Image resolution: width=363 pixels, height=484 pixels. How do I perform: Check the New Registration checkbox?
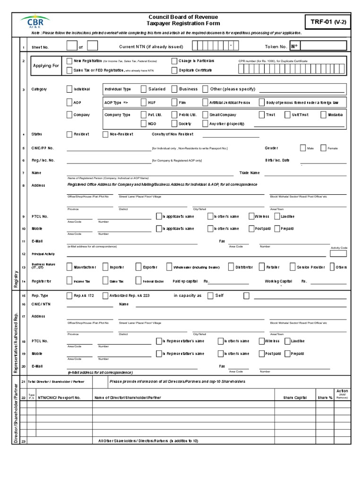(x=70, y=61)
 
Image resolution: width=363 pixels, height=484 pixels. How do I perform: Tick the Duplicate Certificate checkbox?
(x=174, y=70)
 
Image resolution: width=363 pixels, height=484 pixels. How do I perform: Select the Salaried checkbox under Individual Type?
(x=144, y=89)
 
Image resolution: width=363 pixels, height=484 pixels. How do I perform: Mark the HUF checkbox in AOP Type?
(x=144, y=102)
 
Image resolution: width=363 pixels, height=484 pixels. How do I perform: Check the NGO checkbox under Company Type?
(x=144, y=123)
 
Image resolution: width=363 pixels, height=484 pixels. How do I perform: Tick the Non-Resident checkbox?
(x=105, y=134)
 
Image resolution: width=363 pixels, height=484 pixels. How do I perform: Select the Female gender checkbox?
(x=323, y=148)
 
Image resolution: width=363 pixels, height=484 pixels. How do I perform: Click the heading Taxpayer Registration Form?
(x=183, y=23)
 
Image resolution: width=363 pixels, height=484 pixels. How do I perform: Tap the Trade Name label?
(x=250, y=173)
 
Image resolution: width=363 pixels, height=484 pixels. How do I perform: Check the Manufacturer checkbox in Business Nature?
(x=70, y=267)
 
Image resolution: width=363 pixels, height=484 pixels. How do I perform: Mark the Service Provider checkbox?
(x=293, y=267)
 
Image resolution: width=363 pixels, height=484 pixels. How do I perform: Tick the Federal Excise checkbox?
(x=138, y=281)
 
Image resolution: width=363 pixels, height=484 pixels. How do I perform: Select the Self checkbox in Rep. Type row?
(x=210, y=296)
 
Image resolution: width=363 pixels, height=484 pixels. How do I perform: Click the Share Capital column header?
(x=295, y=398)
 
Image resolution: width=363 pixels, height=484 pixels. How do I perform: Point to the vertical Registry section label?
(x=16, y=279)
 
